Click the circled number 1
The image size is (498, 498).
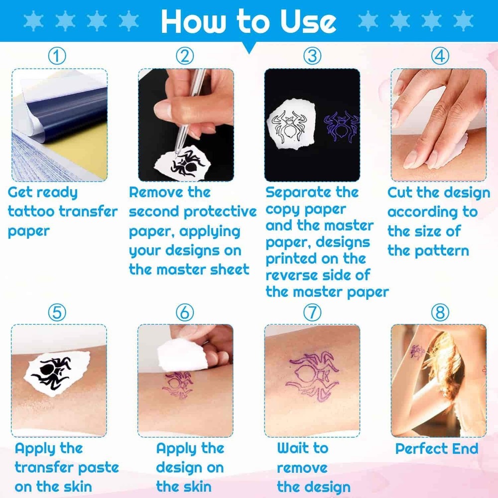point(57,56)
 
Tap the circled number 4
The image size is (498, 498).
point(439,56)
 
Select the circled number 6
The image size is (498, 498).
point(185,312)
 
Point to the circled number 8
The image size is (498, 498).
point(440,312)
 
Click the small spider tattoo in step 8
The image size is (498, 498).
point(417,352)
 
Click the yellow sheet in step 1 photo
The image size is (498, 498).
point(75,149)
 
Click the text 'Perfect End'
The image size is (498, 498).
point(436,448)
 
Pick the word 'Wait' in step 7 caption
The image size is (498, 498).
point(294,448)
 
